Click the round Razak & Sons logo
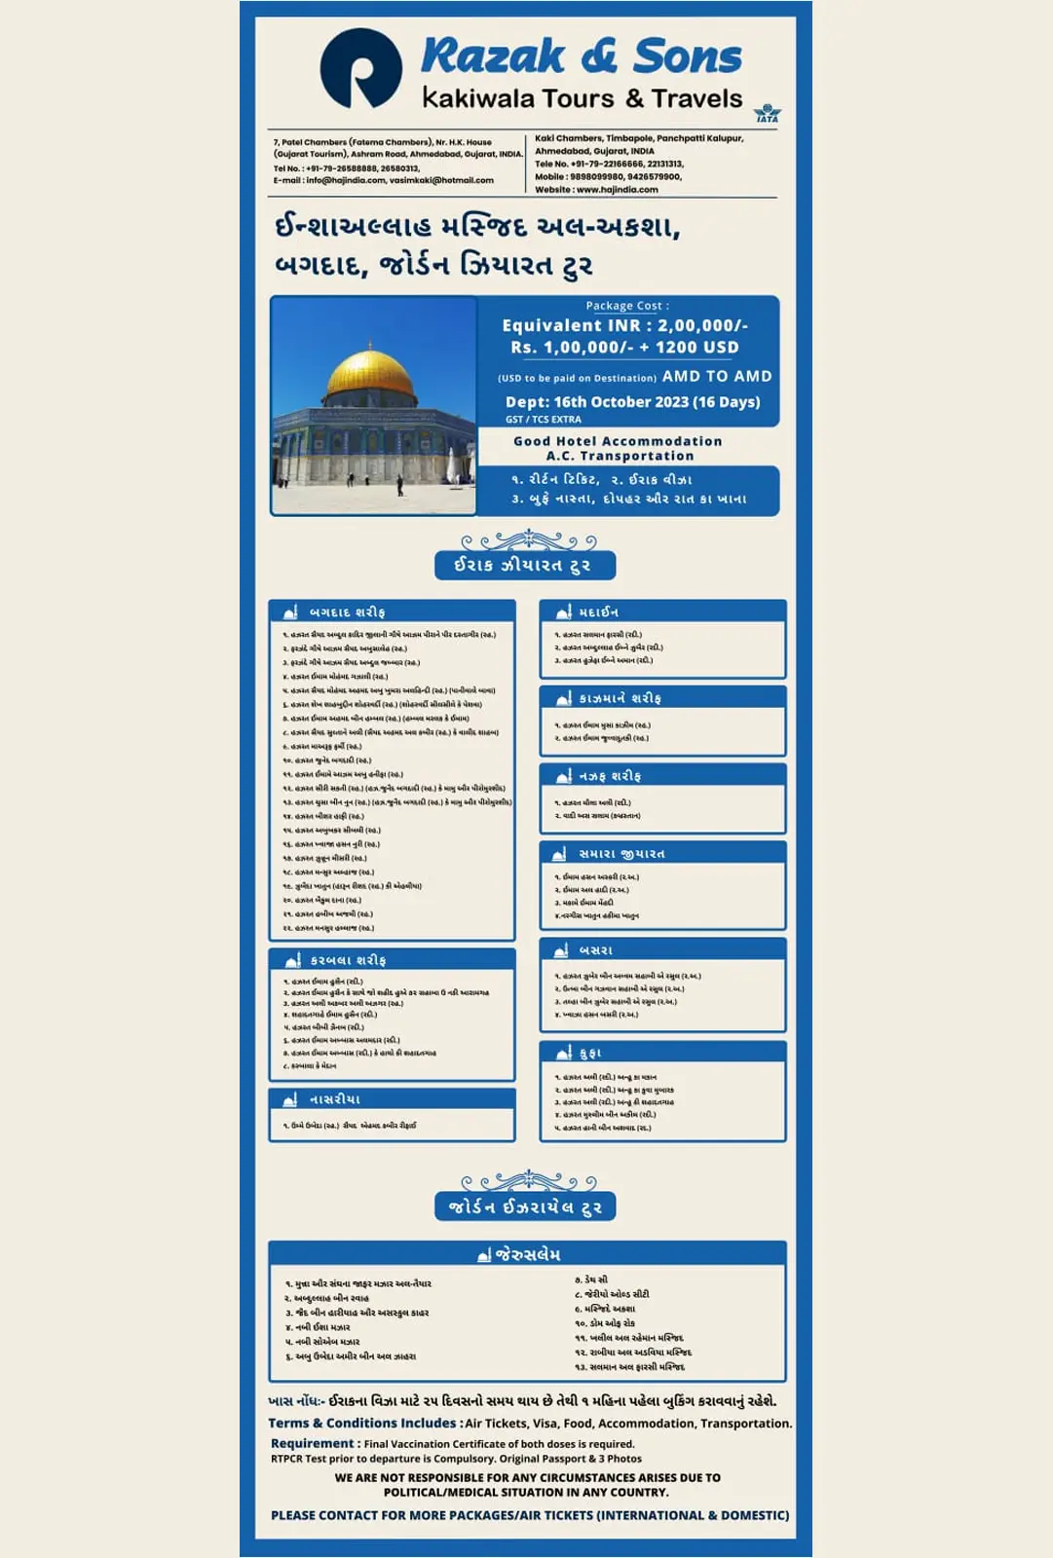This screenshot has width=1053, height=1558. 360,68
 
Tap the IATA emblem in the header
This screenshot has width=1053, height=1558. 768,114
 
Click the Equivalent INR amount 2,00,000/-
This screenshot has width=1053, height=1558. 702,326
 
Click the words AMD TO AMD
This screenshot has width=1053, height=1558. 717,377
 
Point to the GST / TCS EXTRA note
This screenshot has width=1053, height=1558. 543,420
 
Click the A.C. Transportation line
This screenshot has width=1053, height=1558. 620,456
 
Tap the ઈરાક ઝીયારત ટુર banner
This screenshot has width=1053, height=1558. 524,566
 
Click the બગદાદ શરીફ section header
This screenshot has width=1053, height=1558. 347,612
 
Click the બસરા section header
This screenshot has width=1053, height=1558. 595,949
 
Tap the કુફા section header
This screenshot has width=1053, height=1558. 590,1053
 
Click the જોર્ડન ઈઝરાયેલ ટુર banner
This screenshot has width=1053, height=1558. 525,1207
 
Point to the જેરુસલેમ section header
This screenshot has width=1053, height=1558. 527,1254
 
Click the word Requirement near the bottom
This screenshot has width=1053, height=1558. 312,1444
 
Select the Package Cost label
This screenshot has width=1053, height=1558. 626,306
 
